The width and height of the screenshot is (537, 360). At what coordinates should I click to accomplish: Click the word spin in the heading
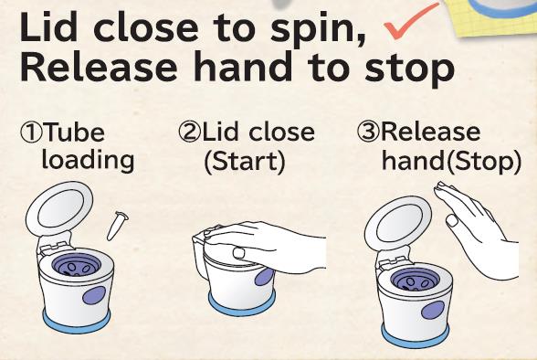[317, 28]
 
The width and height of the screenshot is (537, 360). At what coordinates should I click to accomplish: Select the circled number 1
[32, 133]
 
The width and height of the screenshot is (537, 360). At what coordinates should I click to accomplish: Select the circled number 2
[189, 132]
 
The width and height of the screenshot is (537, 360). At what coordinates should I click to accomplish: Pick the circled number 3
[369, 132]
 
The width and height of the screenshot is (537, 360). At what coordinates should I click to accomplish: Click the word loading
[88, 160]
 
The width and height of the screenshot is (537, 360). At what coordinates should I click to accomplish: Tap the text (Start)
[245, 162]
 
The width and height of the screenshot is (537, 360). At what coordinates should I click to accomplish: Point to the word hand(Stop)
[452, 161]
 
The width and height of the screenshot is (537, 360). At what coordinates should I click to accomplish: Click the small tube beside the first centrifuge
[118, 226]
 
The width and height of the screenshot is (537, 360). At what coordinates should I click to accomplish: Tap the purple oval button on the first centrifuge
[94, 295]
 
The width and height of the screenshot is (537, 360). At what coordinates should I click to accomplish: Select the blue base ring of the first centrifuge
[77, 322]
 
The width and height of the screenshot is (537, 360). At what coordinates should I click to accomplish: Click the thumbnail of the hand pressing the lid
[239, 253]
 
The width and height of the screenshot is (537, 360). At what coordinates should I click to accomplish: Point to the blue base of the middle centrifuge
[241, 305]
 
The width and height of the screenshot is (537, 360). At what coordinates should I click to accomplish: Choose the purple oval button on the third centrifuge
[433, 310]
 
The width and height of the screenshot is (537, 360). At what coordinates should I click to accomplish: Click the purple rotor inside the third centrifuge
[415, 281]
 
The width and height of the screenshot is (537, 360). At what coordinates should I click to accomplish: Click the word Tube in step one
[74, 132]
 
